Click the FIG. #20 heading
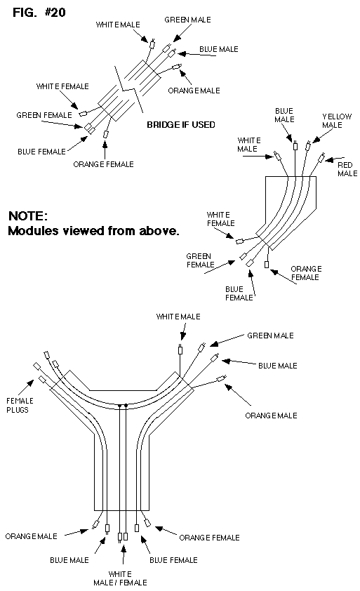[x=39, y=13]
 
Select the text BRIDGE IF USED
[x=181, y=125]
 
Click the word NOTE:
[x=28, y=216]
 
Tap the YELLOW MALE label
[x=337, y=121]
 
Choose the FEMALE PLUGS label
[x=20, y=405]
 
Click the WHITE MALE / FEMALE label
[x=120, y=578]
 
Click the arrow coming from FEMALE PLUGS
[x=25, y=388]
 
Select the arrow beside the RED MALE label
[x=335, y=159]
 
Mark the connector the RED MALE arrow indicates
[x=321, y=157]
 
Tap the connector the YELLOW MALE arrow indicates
[x=308, y=145]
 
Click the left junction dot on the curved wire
[x=119, y=406]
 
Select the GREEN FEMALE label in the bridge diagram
[x=44, y=115]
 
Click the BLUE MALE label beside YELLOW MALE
[x=284, y=115]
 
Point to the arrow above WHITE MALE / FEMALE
[x=123, y=554]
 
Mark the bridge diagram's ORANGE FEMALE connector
[x=105, y=134]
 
